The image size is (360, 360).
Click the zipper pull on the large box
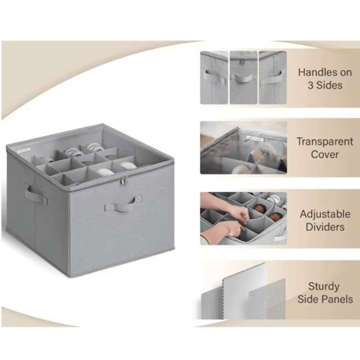123,181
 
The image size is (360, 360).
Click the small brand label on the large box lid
24,150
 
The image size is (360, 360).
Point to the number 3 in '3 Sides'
310,85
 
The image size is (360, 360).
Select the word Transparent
324,141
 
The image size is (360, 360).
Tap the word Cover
324,154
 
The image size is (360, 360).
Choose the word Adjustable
325,215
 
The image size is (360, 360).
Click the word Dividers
325,227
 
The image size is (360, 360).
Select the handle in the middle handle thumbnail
243,77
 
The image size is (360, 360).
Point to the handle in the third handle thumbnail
272,78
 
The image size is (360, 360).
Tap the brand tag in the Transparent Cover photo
255,138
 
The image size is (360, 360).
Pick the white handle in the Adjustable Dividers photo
280,238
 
